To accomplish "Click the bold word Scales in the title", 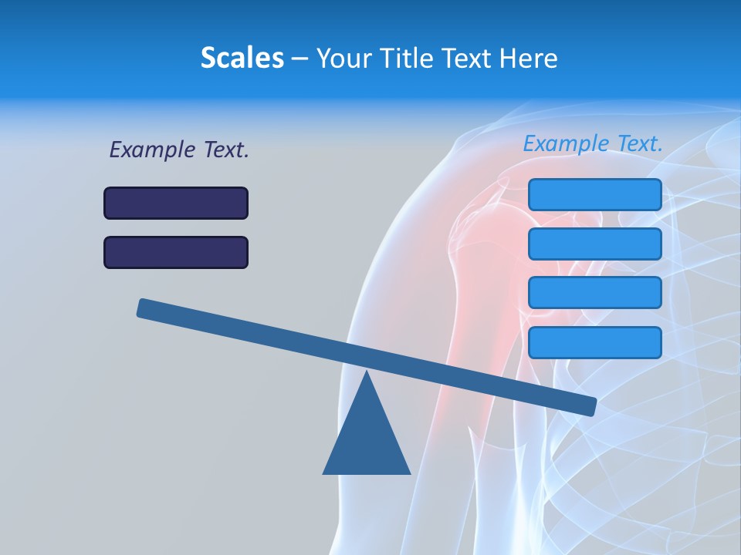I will [242, 59].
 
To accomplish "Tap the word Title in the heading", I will [405, 59].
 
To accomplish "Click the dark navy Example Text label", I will [179, 150].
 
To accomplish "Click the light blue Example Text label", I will [593, 143].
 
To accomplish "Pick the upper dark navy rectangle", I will [176, 203].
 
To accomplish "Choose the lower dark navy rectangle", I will [176, 252].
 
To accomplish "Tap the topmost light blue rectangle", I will [594, 194].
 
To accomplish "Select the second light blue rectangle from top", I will [594, 244].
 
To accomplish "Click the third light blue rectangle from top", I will [594, 293].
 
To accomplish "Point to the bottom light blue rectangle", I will [594, 342].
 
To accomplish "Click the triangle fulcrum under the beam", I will [367, 439].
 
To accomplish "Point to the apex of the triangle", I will [367, 374].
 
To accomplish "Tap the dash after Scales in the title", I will [299, 59].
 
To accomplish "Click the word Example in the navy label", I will [152, 150].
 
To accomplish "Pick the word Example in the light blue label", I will [566, 143].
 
